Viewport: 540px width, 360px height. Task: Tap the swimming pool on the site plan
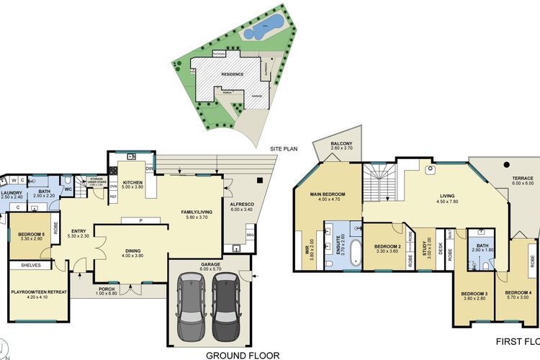click(x=252, y=33)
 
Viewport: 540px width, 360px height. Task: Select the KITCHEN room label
click(x=133, y=183)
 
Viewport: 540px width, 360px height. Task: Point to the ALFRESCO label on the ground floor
click(x=240, y=204)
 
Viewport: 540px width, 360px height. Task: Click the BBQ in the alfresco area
click(x=250, y=235)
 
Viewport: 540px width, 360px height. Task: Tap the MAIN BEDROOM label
click(x=328, y=194)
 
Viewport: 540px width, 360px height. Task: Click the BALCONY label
click(x=341, y=144)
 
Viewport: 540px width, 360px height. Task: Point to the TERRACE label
click(x=523, y=179)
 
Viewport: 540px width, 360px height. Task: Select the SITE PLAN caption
click(x=284, y=148)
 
